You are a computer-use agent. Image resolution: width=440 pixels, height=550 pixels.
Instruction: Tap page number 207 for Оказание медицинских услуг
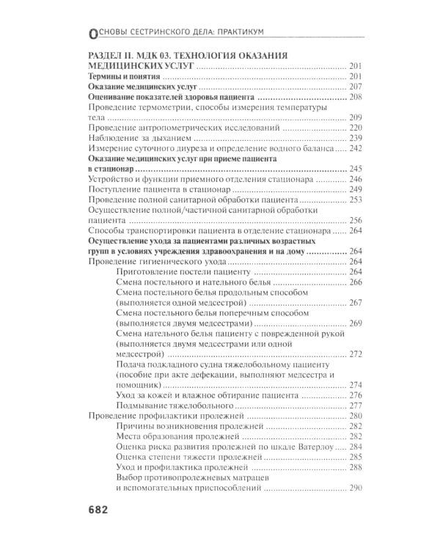pos(357,87)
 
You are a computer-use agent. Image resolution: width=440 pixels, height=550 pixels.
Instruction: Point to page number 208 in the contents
pos(357,98)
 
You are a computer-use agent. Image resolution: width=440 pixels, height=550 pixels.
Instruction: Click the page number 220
pos(357,128)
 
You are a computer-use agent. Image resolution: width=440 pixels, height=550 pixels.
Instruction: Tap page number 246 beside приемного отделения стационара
pos(357,180)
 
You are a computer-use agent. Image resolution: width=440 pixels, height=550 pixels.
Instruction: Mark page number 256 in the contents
pos(357,221)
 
